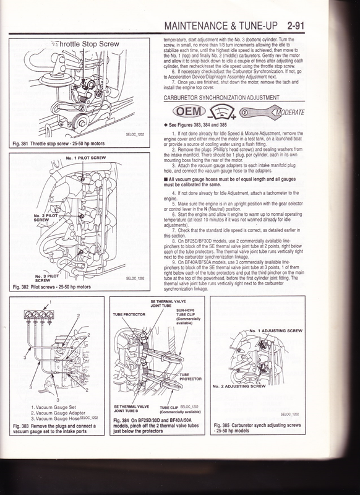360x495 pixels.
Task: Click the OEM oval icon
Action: click(185, 113)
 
